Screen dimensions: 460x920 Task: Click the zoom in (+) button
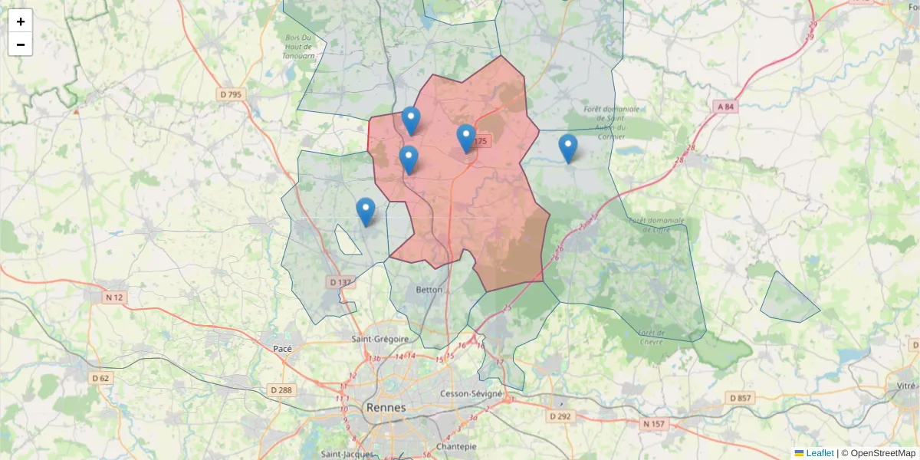(21, 21)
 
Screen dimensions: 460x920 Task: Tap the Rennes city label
(386, 407)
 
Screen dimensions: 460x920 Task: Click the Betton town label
(429, 290)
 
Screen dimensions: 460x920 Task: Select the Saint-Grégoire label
(377, 339)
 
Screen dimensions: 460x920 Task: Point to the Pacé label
(283, 348)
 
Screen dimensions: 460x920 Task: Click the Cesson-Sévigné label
(472, 393)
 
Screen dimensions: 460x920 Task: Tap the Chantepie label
(455, 446)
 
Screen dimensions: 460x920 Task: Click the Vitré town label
(905, 386)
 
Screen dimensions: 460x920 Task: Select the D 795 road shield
(230, 94)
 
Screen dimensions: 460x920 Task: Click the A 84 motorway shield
(724, 107)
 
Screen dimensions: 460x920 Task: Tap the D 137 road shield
(340, 282)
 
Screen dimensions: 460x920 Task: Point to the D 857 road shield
(741, 398)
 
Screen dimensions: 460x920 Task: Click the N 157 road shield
(654, 423)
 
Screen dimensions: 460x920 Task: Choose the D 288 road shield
(281, 390)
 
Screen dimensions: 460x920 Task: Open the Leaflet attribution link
(819, 453)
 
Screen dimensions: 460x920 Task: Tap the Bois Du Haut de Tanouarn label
(298, 46)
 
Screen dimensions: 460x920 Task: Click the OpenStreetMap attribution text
(882, 453)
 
